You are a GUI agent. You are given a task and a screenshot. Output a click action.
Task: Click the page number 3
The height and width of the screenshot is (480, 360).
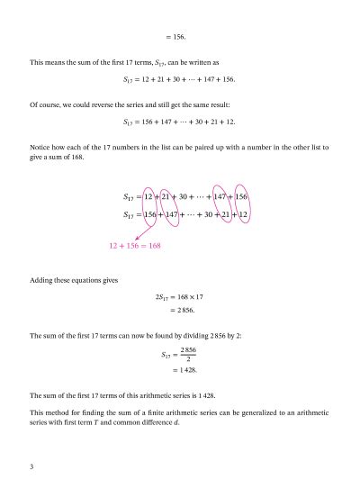tap(31, 466)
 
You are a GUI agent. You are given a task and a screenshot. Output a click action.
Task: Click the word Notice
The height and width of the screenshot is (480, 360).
tap(41, 146)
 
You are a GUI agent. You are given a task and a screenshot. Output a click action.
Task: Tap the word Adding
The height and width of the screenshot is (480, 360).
tap(43, 280)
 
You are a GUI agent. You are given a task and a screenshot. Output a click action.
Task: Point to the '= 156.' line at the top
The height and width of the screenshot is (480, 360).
tap(179, 37)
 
